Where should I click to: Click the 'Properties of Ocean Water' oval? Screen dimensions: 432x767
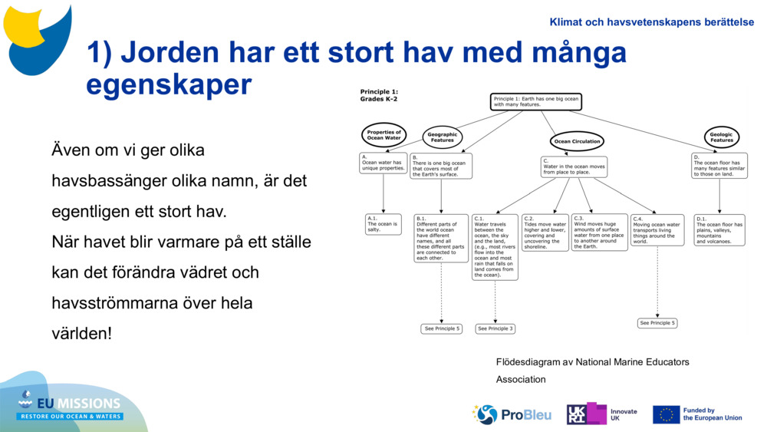383,135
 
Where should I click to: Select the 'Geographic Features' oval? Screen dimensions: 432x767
443,137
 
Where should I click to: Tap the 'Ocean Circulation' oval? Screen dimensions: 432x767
577,141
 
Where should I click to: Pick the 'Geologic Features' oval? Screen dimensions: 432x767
721,137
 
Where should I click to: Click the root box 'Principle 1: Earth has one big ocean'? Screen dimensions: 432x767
535,102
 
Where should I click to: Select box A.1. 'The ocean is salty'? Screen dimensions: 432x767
383,224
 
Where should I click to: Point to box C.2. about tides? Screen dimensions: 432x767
545,232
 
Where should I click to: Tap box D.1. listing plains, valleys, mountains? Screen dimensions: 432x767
719,230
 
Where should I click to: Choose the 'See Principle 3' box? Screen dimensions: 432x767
495,328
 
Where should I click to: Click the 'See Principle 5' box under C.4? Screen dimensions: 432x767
657,323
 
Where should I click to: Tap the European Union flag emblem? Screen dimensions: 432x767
666,414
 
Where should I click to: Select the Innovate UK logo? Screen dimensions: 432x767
602,414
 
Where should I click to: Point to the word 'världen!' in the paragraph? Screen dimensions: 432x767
81,335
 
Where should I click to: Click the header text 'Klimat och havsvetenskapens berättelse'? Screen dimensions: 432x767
651,22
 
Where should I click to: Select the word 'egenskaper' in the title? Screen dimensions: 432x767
169,84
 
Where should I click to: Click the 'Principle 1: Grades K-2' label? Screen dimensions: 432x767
380,95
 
